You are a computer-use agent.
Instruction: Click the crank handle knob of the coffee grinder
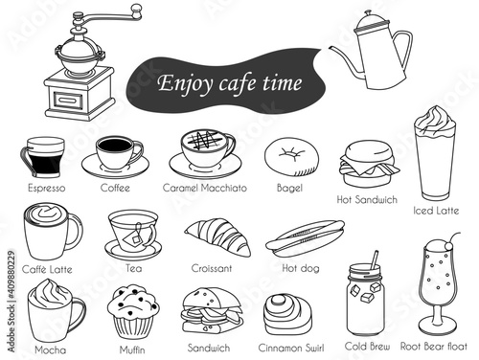(136, 11)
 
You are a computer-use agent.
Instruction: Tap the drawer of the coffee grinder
(68, 101)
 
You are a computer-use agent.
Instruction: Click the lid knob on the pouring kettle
(368, 13)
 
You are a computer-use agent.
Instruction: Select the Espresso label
(47, 188)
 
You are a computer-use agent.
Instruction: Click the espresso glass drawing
(42, 157)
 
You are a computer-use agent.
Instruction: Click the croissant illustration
(217, 236)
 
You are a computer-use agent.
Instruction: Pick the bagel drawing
(291, 157)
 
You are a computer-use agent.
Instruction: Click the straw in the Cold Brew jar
(375, 259)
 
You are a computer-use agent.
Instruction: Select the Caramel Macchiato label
(205, 188)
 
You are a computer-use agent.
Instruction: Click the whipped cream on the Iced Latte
(435, 120)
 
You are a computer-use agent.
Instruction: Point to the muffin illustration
(133, 312)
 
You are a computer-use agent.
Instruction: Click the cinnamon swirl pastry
(287, 315)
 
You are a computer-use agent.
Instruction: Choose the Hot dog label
(301, 268)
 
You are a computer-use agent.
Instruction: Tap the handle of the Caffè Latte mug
(76, 231)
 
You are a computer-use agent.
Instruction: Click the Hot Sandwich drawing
(369, 164)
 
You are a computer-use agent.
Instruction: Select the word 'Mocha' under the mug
(50, 349)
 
